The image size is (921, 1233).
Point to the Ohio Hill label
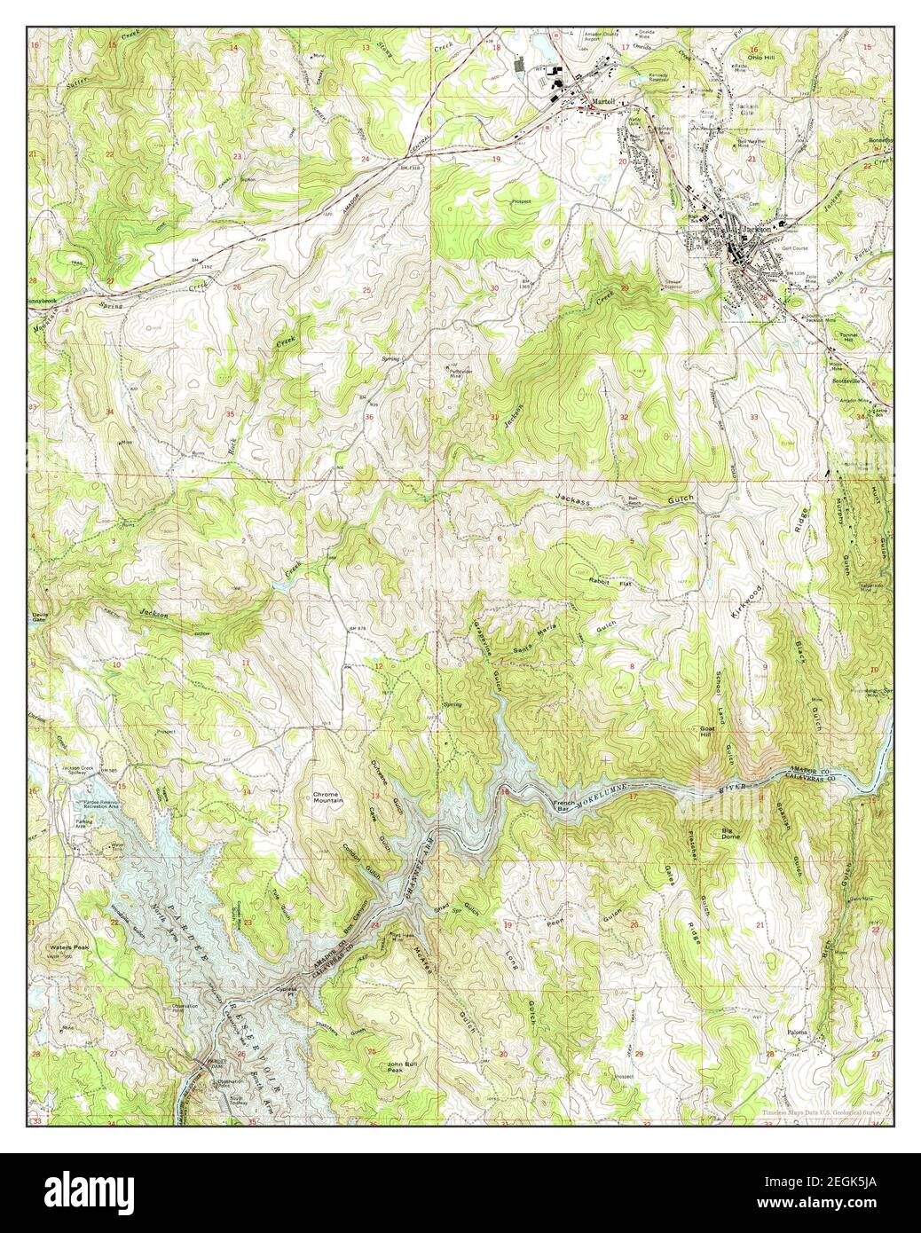(x=760, y=57)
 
